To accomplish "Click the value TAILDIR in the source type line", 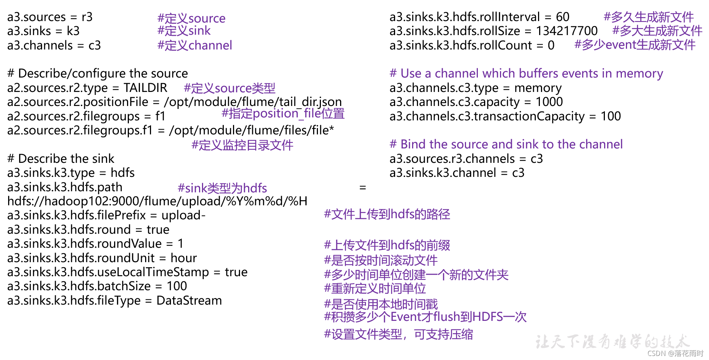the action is (145, 88).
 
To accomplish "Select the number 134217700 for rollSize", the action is (566, 31).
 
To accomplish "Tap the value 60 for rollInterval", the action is (562, 17).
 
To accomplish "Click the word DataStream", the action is (189, 301).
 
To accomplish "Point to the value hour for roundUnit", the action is (184, 258).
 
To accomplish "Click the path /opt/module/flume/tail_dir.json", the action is (253, 102).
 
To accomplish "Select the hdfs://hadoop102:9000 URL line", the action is (157, 201).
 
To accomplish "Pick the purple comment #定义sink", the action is (184, 31).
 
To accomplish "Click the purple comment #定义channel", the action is (195, 45).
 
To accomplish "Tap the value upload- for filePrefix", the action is (184, 215).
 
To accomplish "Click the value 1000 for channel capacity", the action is (549, 102).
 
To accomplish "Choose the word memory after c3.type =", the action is (538, 88).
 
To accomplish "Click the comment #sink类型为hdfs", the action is (222, 188).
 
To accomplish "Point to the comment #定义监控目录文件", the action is (242, 145).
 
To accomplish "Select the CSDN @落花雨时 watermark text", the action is (675, 354).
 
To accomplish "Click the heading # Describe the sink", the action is (61, 159).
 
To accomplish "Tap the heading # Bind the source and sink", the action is (506, 144).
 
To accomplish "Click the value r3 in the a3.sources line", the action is (87, 17).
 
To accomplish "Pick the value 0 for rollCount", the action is (551, 45).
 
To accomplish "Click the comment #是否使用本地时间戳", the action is (381, 305).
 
